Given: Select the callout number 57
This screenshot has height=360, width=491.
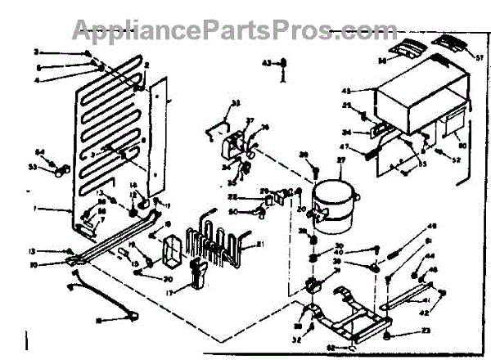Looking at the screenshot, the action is (479, 56).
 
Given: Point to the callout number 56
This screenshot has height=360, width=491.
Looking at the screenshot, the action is (381, 60).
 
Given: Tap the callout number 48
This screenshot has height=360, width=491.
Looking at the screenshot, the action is (433, 227).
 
